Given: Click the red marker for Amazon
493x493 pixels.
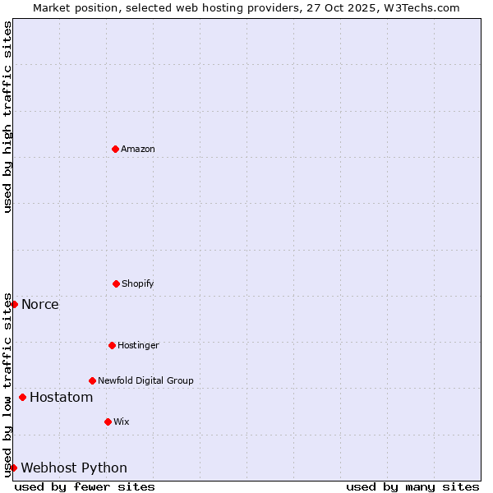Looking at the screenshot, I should [115, 149].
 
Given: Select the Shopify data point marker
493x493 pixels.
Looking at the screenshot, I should [116, 283].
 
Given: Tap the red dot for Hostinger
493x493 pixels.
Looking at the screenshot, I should [112, 345].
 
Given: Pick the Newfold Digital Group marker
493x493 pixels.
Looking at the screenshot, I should [92, 380].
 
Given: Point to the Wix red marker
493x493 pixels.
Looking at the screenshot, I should [108, 422].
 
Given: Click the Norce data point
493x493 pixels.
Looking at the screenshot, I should [14, 304].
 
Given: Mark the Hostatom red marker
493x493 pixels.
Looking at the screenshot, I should [22, 398].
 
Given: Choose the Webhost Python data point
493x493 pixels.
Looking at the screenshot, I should [13, 468].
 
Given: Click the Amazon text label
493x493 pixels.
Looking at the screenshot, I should [138, 149].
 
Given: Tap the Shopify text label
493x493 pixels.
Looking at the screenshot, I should [138, 283].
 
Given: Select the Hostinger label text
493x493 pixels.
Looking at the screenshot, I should [138, 345].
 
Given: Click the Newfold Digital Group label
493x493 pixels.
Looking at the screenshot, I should [145, 380].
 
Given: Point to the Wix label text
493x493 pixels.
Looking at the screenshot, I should [122, 422].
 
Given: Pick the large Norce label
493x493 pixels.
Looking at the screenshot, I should [40, 305].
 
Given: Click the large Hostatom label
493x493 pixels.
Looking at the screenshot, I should [62, 398].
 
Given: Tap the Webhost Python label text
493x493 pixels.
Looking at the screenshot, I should [74, 468].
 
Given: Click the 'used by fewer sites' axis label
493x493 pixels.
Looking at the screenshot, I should [85, 486].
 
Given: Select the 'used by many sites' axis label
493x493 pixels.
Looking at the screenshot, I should [412, 486].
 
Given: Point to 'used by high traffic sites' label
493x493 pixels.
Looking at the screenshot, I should [7, 117].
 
